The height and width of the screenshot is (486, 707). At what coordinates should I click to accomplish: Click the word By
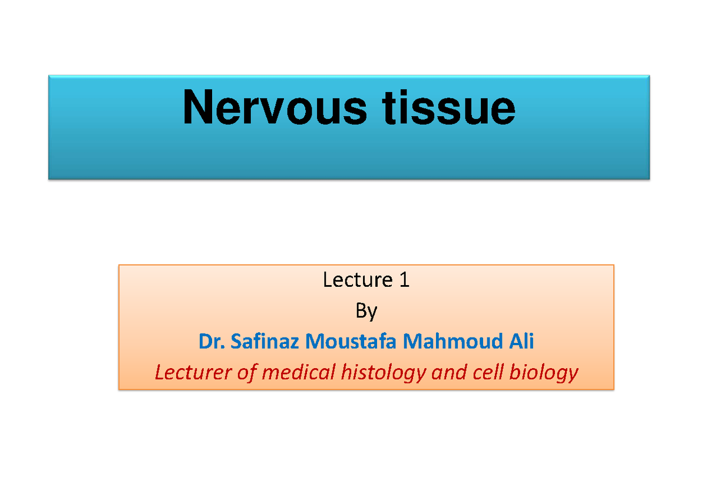coord(366,310)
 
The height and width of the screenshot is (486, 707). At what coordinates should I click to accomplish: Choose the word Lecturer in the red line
coord(190,372)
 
